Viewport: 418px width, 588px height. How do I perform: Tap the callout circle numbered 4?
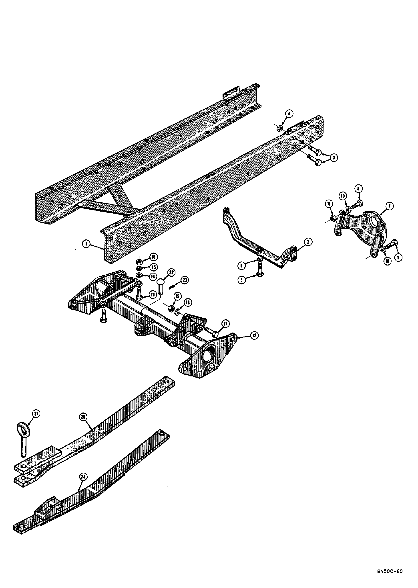[289, 114]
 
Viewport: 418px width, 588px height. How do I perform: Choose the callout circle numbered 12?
[254, 335]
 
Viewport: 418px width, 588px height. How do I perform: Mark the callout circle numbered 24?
[83, 477]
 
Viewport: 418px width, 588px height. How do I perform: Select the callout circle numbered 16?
[154, 257]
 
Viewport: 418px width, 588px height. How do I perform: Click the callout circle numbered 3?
[334, 158]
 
